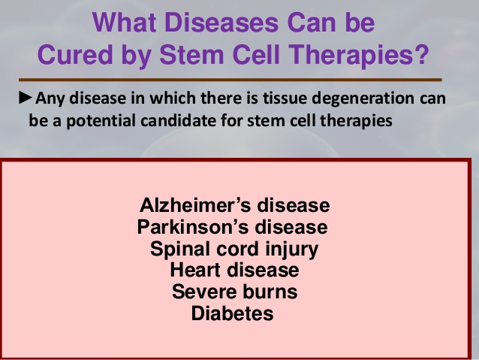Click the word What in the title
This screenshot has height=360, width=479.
click(125, 23)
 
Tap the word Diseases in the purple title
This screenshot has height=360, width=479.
click(221, 23)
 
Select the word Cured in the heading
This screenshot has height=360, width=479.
click(75, 54)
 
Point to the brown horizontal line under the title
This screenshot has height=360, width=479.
click(230, 80)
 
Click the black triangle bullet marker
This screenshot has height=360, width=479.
click(26, 98)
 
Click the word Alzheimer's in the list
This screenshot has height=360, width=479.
click(196, 205)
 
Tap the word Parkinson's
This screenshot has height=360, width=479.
click(194, 227)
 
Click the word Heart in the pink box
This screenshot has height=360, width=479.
click(195, 270)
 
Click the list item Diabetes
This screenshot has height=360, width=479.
click(233, 313)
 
